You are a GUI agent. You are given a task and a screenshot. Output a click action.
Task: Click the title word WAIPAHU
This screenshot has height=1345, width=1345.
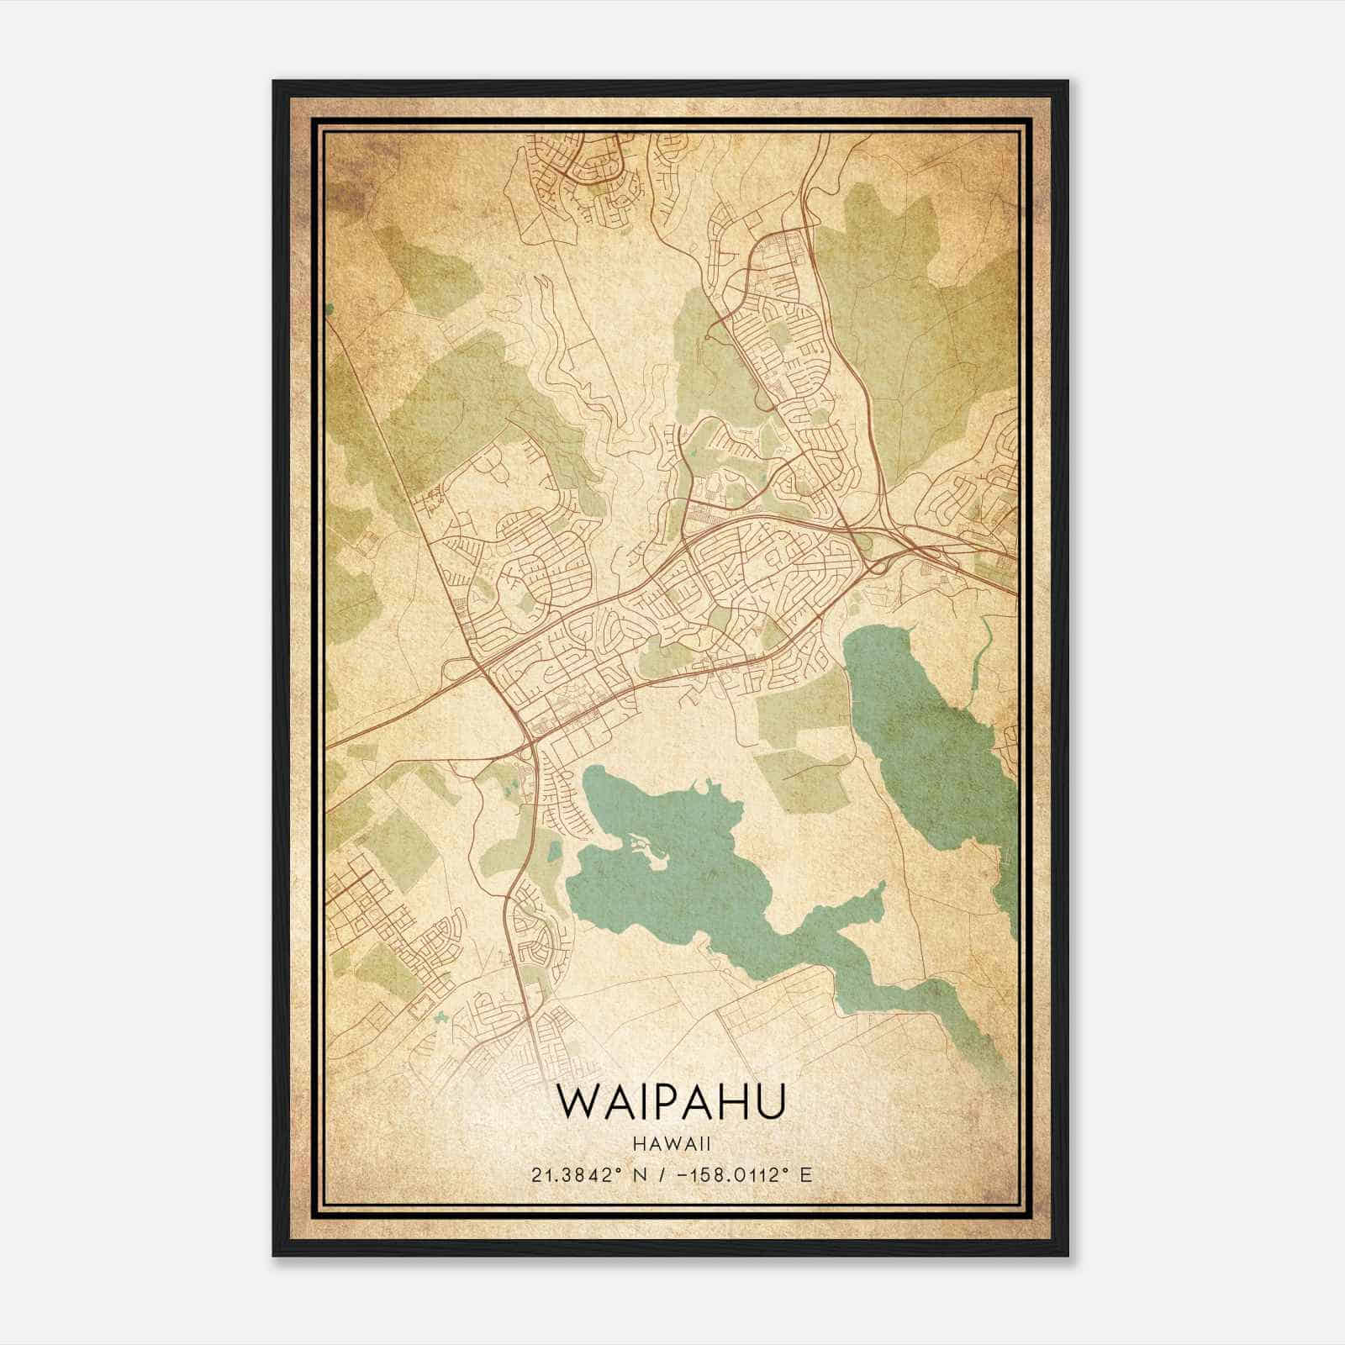point(671,1102)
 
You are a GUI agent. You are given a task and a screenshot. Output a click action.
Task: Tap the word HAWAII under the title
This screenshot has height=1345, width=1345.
point(671,1143)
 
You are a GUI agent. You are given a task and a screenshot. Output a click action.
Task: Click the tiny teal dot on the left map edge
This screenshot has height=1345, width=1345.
point(329,309)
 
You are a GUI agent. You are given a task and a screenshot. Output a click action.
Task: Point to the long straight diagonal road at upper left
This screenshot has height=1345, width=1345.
point(395,462)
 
